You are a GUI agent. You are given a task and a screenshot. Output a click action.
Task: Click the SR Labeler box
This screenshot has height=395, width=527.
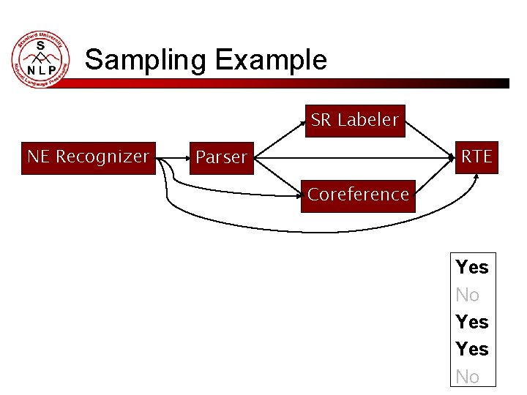tap(355, 121)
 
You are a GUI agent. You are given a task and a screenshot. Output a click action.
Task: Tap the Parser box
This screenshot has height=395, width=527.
tap(222, 158)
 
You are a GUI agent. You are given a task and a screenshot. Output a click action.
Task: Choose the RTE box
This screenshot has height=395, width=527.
tap(476, 157)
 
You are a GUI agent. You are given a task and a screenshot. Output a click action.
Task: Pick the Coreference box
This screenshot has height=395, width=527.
tap(358, 195)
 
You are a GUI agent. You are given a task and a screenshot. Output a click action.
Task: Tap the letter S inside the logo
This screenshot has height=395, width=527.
tap(41, 46)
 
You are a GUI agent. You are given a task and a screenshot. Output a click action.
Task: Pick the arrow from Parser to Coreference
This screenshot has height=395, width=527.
tap(282, 176)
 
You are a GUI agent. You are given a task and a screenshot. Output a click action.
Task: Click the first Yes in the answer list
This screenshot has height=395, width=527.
tap(472, 267)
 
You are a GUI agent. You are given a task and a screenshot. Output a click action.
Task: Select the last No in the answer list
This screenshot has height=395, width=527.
tap(468, 377)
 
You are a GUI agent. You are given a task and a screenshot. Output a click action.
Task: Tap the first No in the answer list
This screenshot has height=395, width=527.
tap(468, 295)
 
